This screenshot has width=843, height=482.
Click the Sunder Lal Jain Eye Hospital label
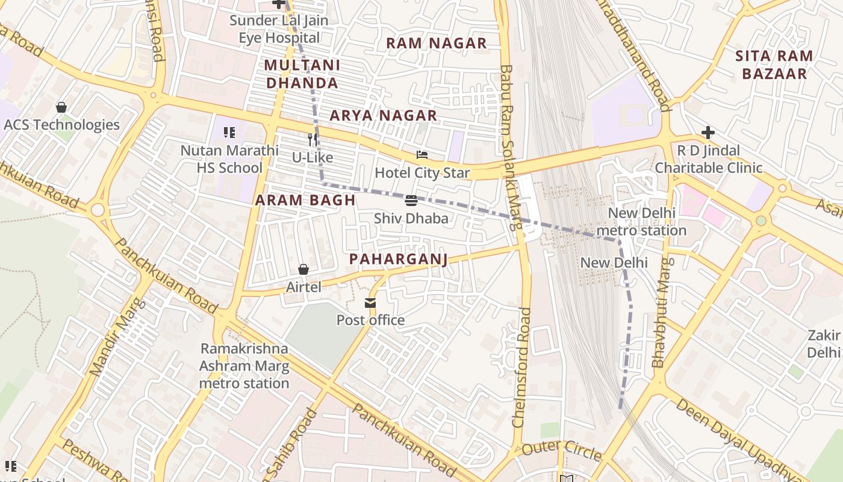[279, 29]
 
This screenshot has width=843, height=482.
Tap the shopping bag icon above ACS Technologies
[61, 108]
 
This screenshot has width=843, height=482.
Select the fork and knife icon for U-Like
[312, 140]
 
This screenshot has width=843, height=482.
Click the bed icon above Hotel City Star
[421, 155]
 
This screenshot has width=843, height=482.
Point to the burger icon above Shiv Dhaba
[411, 201]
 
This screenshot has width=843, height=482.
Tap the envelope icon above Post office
[370, 303]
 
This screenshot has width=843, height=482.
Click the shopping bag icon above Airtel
[303, 269]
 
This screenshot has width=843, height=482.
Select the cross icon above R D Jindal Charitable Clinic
[708, 133]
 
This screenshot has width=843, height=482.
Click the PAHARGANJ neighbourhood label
[399, 260]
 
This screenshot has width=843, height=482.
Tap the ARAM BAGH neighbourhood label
[305, 201]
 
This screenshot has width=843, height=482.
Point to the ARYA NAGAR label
[383, 116]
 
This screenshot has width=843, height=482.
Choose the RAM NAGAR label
[436, 43]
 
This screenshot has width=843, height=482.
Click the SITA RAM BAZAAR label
[774, 65]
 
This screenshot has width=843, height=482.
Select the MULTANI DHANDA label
[302, 74]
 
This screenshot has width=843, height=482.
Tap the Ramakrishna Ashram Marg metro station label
[244, 366]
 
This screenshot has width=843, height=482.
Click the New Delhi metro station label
[641, 222]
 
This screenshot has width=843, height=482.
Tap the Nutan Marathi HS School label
[229, 159]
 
